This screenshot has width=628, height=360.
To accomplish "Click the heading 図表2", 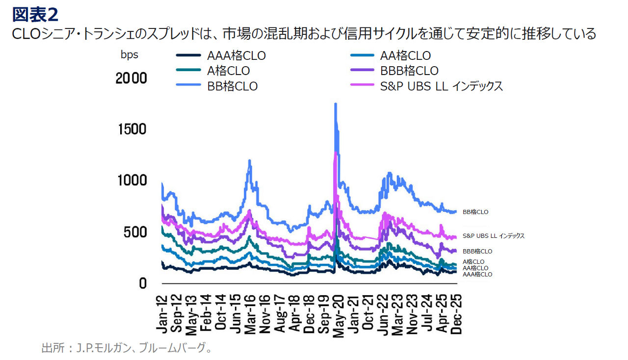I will (x=35, y=15).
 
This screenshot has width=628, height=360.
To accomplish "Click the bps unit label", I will (x=130, y=55).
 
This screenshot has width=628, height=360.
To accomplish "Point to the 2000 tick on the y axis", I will (x=131, y=78).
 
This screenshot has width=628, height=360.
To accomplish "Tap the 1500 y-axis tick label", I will (x=132, y=129).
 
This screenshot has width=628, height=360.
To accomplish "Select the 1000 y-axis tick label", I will (x=132, y=180).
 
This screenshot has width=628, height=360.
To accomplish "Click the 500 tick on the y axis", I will (x=135, y=231).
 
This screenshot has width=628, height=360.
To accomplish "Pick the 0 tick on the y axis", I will (x=142, y=283).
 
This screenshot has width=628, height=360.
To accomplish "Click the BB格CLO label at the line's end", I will (x=475, y=212).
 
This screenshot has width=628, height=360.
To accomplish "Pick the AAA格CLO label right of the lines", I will (x=477, y=275).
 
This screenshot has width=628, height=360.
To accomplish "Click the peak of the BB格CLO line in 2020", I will (x=336, y=104).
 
